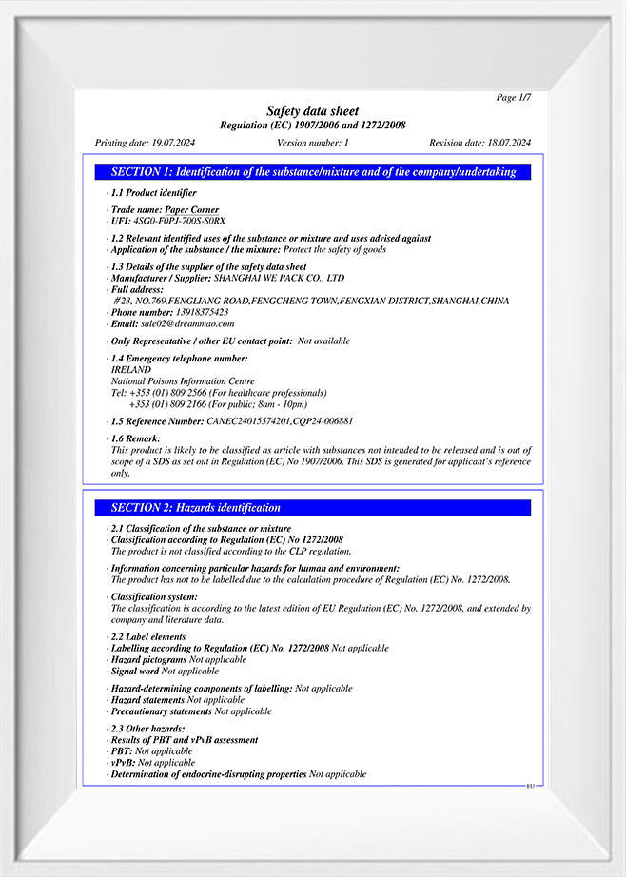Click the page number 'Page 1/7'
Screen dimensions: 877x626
click(514, 98)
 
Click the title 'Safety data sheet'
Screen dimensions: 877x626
click(313, 111)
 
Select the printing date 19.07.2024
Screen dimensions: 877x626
click(172, 143)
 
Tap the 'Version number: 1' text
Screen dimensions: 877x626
click(313, 143)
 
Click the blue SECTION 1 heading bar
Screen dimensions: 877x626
click(313, 172)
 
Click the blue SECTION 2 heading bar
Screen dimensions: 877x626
click(313, 508)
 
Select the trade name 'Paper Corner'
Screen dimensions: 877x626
click(191, 210)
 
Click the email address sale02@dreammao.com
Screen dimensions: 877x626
click(186, 323)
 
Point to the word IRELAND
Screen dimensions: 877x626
click(130, 370)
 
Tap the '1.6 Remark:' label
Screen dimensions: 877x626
click(135, 438)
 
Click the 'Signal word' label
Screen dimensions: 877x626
click(135, 671)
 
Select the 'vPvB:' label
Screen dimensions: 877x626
click(123, 763)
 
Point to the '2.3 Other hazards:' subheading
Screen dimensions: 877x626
click(147, 729)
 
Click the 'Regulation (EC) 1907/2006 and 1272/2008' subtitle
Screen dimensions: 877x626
click(313, 126)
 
